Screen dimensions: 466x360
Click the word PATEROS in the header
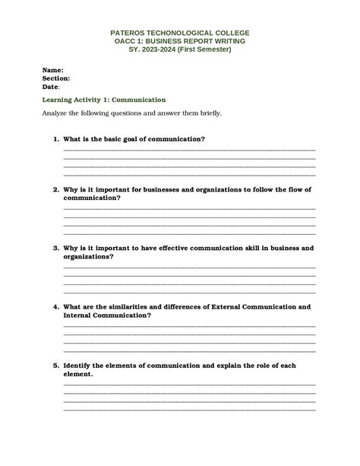point(128,33)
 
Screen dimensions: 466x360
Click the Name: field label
point(52,69)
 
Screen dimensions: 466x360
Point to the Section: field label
point(56,78)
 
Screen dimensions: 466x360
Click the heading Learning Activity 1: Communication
point(104,100)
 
